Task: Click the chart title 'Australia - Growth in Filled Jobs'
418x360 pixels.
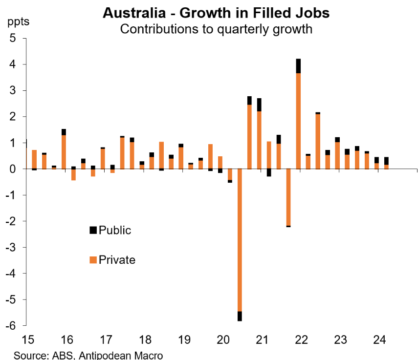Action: click(x=216, y=13)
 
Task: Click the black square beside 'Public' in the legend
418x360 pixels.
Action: click(x=93, y=230)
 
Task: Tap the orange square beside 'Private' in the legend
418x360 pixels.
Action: click(x=93, y=260)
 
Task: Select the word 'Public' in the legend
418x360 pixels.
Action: click(x=115, y=230)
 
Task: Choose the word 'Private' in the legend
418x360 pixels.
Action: click(x=117, y=260)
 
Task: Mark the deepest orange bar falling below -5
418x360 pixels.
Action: click(x=240, y=239)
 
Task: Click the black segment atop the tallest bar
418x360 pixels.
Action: click(x=298, y=66)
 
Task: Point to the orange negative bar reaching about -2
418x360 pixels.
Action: click(x=288, y=197)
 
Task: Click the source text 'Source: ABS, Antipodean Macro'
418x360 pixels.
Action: click(x=88, y=355)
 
